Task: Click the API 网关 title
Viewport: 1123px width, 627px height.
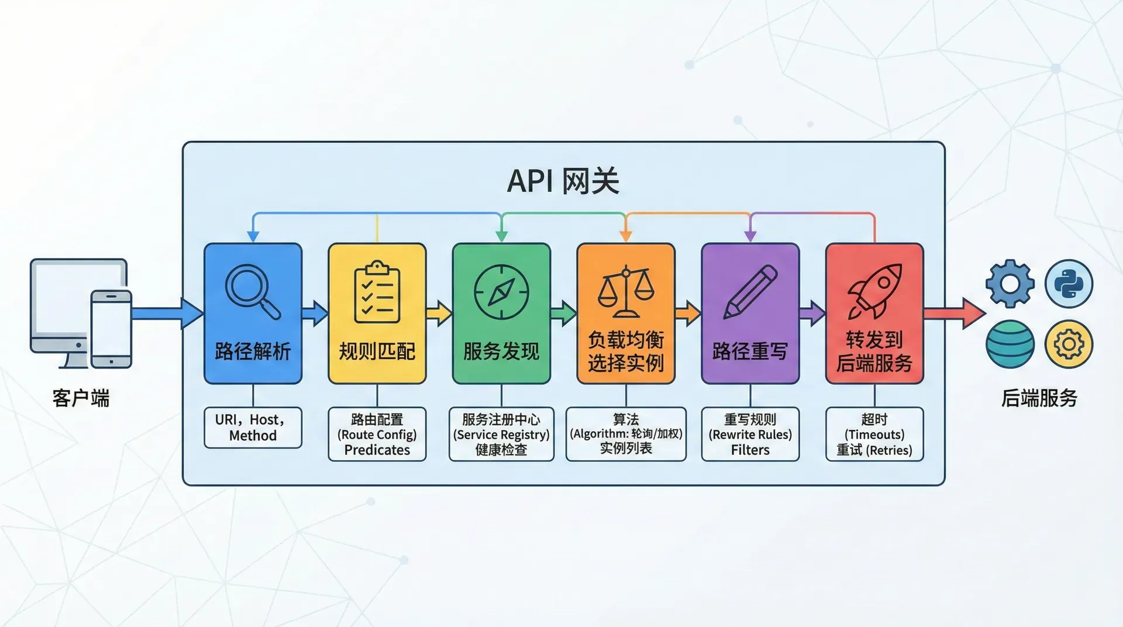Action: click(x=563, y=181)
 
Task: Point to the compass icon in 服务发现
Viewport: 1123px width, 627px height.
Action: click(x=501, y=292)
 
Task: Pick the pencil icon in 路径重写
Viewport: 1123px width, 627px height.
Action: click(x=750, y=292)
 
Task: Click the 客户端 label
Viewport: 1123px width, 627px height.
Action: click(x=81, y=398)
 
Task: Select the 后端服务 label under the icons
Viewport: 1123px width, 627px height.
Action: click(x=1039, y=398)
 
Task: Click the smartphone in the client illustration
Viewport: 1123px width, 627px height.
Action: click(x=111, y=329)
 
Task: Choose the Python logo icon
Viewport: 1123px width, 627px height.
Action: click(x=1069, y=284)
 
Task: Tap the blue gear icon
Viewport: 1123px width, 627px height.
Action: click(x=1010, y=284)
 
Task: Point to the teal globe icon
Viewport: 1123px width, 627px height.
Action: click(x=1010, y=344)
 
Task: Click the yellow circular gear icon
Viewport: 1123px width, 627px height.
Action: click(x=1069, y=344)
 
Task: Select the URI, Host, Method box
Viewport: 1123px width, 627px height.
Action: click(x=253, y=428)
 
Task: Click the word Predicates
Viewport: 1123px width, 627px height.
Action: click(x=377, y=450)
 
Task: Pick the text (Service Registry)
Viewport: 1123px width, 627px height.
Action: click(x=501, y=435)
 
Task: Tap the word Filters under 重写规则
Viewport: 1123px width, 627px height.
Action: click(x=750, y=450)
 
